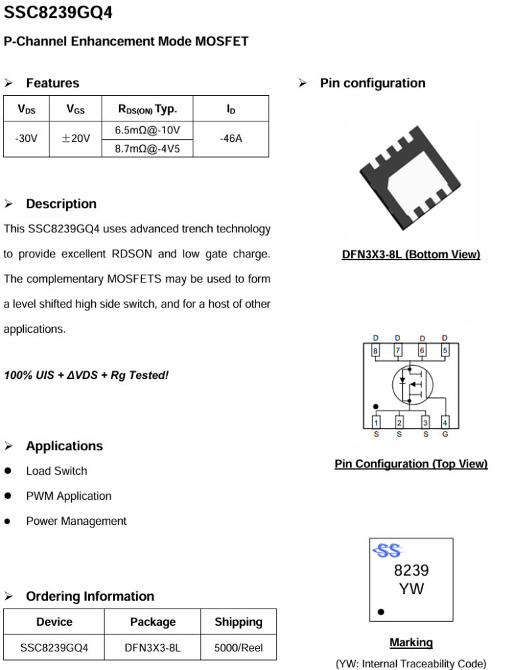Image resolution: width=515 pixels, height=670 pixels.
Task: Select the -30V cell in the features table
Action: (x=26, y=139)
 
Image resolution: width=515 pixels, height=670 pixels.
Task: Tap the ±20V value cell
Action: (x=75, y=139)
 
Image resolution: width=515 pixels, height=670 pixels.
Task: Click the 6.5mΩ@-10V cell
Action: (x=147, y=130)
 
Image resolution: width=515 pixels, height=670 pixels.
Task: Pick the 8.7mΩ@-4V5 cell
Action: (x=147, y=149)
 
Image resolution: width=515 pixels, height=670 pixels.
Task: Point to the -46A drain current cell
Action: (x=230, y=139)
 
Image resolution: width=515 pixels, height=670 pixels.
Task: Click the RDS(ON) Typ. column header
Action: (x=147, y=109)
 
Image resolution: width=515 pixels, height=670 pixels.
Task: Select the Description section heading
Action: (x=61, y=204)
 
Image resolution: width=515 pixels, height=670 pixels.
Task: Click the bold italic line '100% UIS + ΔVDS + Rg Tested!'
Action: (x=86, y=375)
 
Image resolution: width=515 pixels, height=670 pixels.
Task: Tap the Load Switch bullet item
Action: (x=56, y=471)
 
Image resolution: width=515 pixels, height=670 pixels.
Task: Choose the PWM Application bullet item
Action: (x=69, y=496)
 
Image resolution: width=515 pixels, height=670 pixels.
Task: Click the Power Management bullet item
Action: (x=76, y=521)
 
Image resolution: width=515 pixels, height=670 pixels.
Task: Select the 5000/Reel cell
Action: (x=238, y=648)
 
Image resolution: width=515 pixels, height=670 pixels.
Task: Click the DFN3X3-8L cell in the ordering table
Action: (x=152, y=648)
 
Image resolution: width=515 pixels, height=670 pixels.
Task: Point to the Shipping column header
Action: (x=238, y=622)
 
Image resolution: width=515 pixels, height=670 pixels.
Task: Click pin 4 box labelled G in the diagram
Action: (x=445, y=422)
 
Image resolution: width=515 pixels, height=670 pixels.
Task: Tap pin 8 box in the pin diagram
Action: (x=376, y=351)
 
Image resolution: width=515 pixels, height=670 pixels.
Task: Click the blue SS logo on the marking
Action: (x=388, y=551)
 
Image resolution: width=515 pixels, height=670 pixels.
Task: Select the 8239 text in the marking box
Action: (x=411, y=570)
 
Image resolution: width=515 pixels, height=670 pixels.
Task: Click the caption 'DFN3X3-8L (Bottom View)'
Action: (x=411, y=255)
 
